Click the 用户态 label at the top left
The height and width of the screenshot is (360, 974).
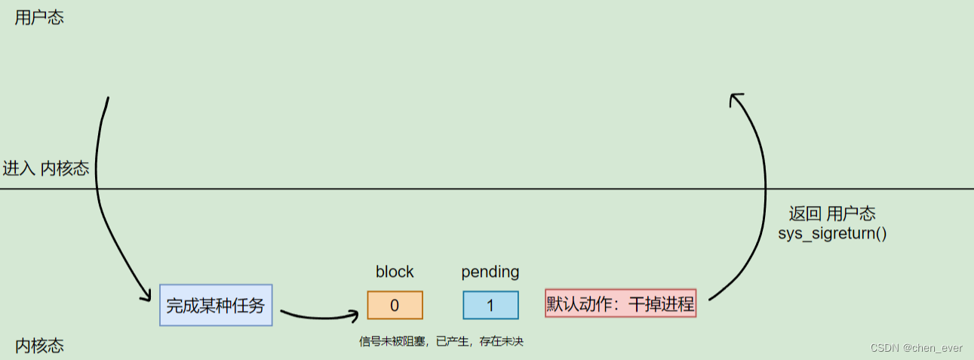click(x=39, y=18)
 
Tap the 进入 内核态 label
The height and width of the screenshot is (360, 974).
click(x=46, y=168)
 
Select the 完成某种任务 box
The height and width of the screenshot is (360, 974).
click(x=216, y=306)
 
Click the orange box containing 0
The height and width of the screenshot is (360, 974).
click(x=395, y=305)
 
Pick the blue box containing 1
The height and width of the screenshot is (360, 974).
click(x=490, y=305)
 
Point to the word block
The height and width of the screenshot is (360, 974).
click(x=395, y=272)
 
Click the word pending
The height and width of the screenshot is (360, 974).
click(x=490, y=272)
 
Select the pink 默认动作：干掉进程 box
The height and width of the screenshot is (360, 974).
click(x=620, y=304)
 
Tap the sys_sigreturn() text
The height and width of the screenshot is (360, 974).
click(x=832, y=232)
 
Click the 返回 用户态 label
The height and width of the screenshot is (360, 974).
click(x=832, y=214)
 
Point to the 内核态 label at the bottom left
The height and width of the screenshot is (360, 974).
click(x=39, y=346)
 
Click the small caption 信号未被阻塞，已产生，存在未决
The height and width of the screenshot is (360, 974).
click(x=441, y=342)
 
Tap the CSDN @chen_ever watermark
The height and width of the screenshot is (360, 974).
click(x=916, y=348)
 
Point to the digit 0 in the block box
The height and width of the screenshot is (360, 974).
click(x=395, y=306)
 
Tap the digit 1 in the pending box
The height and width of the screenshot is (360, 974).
click(x=490, y=306)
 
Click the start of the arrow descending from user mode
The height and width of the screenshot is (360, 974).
click(x=109, y=99)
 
